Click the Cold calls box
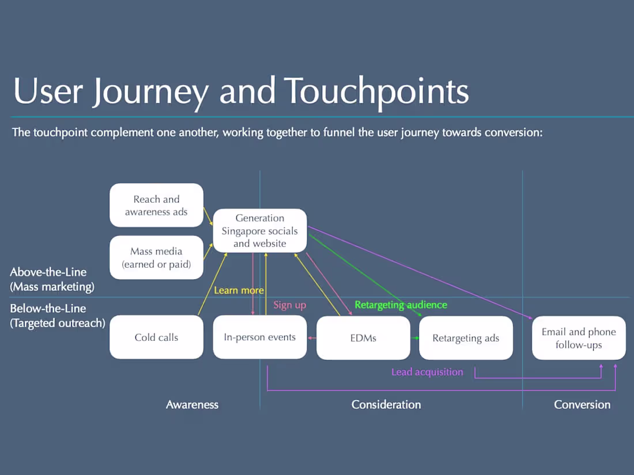click(156, 337)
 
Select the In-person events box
click(259, 337)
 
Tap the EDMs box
click(363, 338)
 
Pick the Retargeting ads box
click(466, 338)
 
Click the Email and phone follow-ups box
click(579, 338)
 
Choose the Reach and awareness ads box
click(156, 206)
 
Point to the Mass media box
click(156, 257)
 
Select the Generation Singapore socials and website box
click(260, 230)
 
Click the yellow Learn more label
click(239, 290)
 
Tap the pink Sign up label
click(289, 305)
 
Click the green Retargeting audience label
click(401, 305)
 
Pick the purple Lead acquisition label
click(427, 372)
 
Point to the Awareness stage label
click(192, 404)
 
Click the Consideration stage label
click(386, 404)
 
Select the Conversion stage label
click(582, 404)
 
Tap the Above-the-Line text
click(48, 272)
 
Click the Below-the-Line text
click(48, 309)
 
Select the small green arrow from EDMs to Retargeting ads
click(415, 338)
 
